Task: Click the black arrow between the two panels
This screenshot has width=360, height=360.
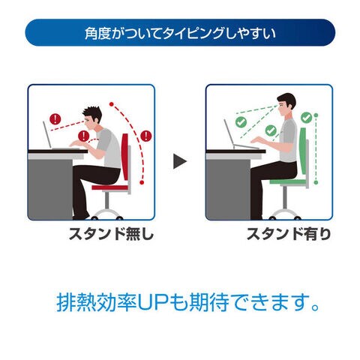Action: pyautogui.click(x=179, y=161)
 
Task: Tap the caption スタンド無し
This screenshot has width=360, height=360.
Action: pyautogui.click(x=111, y=234)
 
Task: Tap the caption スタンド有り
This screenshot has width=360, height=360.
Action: pyautogui.click(x=289, y=234)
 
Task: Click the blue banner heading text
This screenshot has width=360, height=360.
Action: pyautogui.click(x=180, y=33)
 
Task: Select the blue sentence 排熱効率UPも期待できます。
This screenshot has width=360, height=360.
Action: pyautogui.click(x=188, y=302)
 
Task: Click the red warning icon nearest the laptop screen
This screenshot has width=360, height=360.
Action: pyautogui.click(x=55, y=119)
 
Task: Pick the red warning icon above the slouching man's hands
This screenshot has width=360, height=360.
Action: pyautogui.click(x=83, y=136)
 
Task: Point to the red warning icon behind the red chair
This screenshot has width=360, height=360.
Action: pyautogui.click(x=145, y=136)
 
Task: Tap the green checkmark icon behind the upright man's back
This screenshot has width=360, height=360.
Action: pyautogui.click(x=306, y=118)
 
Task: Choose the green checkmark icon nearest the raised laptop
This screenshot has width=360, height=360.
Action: pyautogui.click(x=241, y=122)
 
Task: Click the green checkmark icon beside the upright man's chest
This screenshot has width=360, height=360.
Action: pyautogui.click(x=271, y=130)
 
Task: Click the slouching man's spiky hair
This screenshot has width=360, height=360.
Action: pyautogui.click(x=93, y=114)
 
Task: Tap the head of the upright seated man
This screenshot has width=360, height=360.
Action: pyautogui.click(x=286, y=104)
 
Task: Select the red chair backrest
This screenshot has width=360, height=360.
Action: pyautogui.click(x=125, y=157)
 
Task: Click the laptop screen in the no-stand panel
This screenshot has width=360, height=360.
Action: pyautogui.click(x=47, y=134)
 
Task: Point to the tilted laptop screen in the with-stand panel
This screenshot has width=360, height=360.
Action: pyautogui.click(x=229, y=132)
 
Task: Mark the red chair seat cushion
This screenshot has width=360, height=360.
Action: pyautogui.click(x=110, y=187)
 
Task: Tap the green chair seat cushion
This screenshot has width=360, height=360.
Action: pyautogui.click(x=288, y=181)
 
